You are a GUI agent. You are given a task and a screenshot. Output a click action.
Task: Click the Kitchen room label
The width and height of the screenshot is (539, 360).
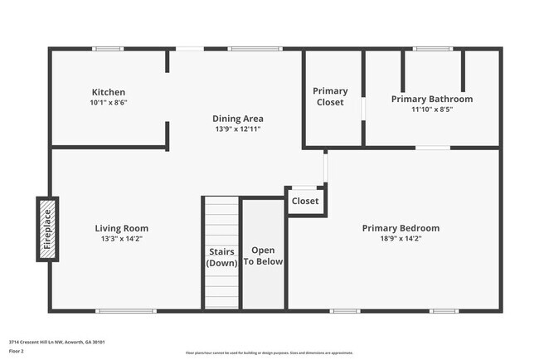(109, 91)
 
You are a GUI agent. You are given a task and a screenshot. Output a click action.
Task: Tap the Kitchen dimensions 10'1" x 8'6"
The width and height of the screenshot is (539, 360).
(109, 103)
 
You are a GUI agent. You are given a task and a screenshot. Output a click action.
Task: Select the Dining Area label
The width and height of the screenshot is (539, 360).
(238, 118)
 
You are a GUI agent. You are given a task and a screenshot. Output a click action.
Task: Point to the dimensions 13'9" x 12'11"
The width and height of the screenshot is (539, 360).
(238, 129)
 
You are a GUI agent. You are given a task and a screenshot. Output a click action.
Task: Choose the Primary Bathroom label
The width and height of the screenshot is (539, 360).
(432, 99)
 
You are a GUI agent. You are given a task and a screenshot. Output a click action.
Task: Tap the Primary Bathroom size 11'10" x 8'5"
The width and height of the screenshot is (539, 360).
(432, 109)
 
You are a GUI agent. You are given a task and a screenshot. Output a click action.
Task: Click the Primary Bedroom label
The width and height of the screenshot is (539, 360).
(401, 228)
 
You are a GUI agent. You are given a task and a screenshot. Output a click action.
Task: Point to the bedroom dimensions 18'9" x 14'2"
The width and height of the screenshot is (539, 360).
(401, 239)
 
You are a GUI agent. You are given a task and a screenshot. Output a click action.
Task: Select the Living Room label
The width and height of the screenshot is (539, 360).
(121, 228)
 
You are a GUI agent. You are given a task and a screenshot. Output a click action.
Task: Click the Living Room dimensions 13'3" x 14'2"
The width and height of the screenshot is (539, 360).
(121, 239)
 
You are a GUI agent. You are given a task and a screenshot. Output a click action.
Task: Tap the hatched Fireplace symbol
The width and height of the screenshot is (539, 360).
(47, 229)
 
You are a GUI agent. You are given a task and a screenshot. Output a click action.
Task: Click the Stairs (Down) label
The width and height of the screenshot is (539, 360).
(221, 257)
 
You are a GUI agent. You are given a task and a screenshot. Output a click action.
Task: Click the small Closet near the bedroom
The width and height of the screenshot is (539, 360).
(305, 201)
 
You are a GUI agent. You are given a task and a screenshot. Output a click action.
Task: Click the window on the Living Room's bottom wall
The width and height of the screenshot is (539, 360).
(126, 311)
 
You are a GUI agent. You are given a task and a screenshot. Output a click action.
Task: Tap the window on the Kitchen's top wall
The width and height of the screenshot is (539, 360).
(108, 48)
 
